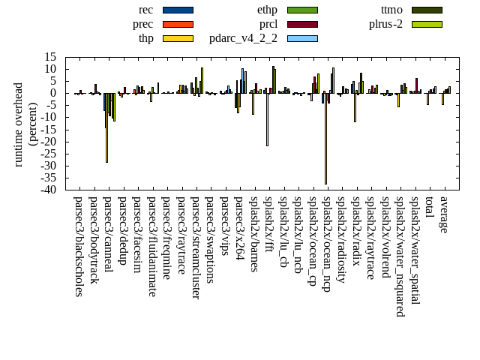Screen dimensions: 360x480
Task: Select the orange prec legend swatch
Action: pos(178,24)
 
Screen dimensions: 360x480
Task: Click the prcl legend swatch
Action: pos(302,24)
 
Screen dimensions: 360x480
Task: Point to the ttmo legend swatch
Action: pos(427,10)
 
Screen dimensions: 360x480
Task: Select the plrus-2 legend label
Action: pos(385,24)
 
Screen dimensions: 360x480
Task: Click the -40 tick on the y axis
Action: pos(50,190)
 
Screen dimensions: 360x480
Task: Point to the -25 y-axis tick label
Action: pos(50,154)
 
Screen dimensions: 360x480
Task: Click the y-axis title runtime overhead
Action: pos(19,124)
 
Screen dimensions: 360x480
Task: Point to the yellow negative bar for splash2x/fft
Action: pos(267,119)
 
